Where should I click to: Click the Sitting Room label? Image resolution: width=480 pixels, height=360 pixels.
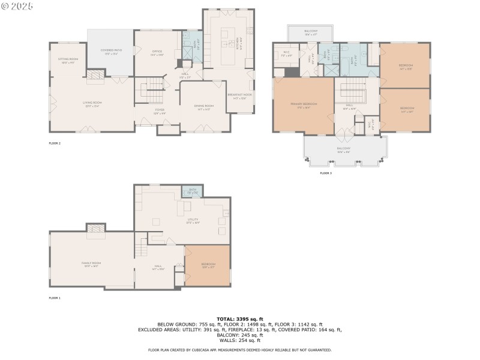point(68,60)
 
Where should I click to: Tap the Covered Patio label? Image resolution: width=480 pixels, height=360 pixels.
point(110,52)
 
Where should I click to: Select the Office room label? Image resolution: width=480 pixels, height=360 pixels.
point(157,53)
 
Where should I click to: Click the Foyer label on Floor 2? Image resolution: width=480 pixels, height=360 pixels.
point(160,111)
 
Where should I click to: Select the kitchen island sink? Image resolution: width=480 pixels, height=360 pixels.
point(230,43)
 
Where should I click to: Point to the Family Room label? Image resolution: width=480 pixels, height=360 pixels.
point(91,264)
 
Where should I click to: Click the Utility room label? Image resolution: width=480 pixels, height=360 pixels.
point(193,220)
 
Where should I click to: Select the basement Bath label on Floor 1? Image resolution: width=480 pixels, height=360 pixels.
point(193,191)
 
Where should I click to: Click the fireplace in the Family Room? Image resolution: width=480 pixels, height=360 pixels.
point(96,230)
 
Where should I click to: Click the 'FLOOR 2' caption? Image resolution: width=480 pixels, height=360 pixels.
point(55,143)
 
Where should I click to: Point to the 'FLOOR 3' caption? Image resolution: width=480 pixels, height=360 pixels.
point(325,173)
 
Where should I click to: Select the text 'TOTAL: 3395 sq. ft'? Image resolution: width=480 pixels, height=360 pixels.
point(239,319)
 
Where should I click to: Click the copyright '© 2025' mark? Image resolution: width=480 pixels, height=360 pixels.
point(17,6)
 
